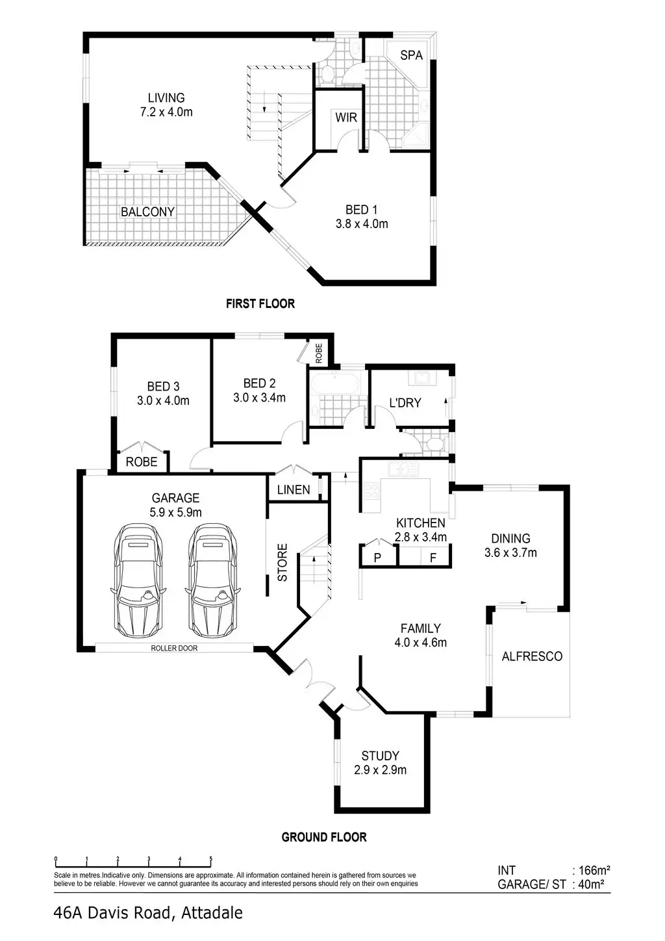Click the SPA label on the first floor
point(411,55)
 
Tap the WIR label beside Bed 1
point(346,118)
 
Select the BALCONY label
point(147,212)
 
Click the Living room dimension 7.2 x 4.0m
point(166,112)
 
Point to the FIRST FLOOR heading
point(260,303)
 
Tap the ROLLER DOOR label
point(174,648)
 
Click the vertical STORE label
point(283,562)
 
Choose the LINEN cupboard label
point(294,489)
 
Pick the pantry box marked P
point(377,557)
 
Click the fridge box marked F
point(433,557)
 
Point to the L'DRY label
point(405,403)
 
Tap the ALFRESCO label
point(532,656)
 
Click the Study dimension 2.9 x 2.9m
point(381,770)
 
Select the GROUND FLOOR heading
point(323,837)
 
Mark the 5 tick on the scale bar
point(211,859)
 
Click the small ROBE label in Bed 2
point(319,353)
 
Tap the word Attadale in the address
point(212,913)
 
